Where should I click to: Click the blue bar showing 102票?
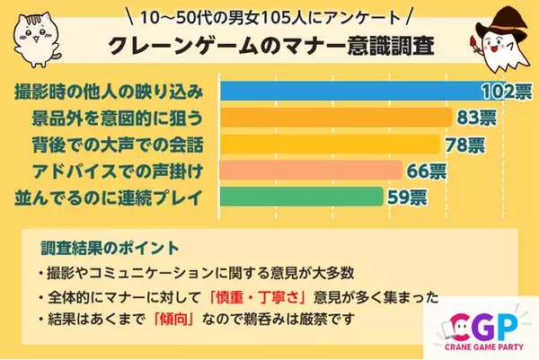350,91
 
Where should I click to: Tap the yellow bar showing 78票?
329,144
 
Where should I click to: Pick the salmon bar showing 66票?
310,170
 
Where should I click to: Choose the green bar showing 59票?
302,197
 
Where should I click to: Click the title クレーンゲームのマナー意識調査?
269,47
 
